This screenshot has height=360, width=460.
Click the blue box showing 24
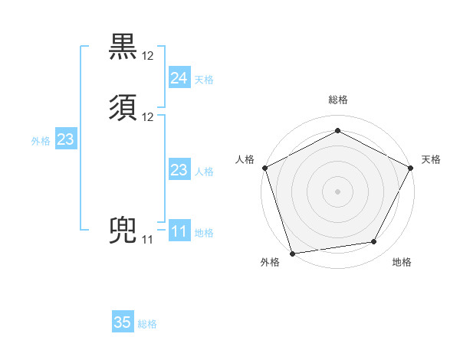pos(179,77)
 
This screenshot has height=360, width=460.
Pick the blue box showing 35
pos(122,322)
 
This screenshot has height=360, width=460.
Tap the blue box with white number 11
pos(179,231)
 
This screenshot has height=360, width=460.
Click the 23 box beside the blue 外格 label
pos(65,139)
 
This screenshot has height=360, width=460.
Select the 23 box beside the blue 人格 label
pos(179,170)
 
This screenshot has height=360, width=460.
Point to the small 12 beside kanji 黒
pos(148,56)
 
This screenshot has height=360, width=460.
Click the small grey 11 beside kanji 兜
pos(147,240)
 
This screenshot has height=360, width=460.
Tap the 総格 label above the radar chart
pos(337,100)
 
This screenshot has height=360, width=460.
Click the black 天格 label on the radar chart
pos(431,159)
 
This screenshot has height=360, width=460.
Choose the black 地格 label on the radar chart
pos(402,263)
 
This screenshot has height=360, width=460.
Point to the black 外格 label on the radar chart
pos(270,263)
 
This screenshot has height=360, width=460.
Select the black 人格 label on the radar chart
pos(245,159)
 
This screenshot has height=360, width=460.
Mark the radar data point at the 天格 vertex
pos(411,167)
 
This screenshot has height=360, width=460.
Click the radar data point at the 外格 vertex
pos(292,253)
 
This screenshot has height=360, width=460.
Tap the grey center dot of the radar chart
pos(337,191)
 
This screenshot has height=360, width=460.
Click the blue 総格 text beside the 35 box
pos(147,324)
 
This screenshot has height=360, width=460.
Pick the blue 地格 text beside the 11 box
pos(204,233)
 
